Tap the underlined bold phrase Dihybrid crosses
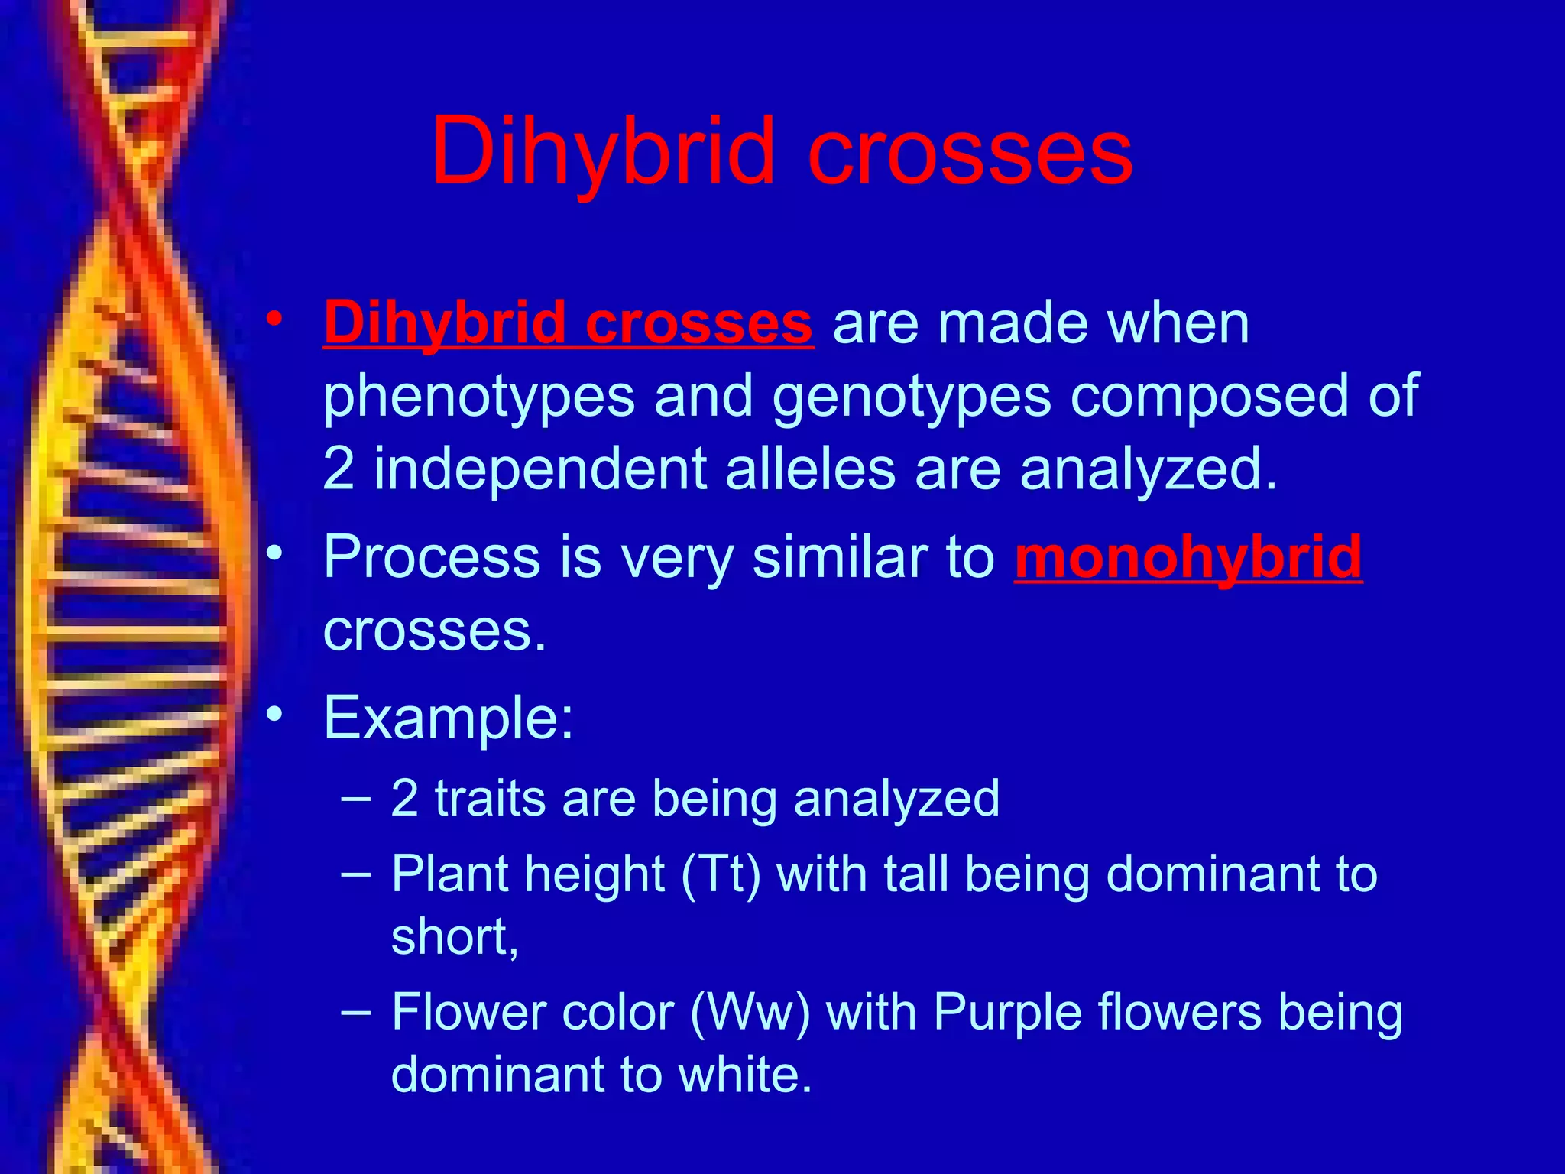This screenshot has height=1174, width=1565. [x=568, y=323]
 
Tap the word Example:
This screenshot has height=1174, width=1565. [x=448, y=718]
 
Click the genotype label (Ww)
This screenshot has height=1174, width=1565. [x=750, y=1013]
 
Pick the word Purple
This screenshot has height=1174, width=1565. [x=1007, y=1013]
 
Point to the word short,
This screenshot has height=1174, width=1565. [x=455, y=936]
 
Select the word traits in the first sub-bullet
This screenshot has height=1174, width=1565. [x=490, y=799]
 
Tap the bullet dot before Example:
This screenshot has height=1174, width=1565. [x=274, y=714]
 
